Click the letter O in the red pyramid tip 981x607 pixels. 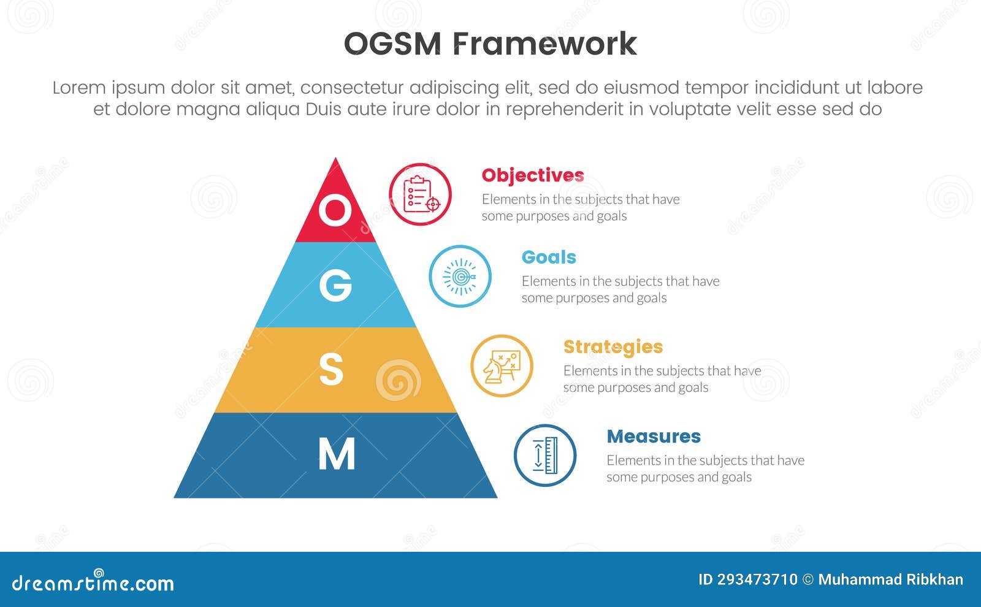[x=335, y=210]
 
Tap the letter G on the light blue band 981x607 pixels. [x=335, y=285]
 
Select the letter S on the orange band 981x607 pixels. [x=331, y=370]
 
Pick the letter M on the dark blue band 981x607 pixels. [x=337, y=454]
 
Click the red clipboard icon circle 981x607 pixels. [x=421, y=194]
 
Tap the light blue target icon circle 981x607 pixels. [x=460, y=277]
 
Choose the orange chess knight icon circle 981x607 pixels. [x=502, y=366]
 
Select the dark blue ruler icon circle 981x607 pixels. [x=545, y=456]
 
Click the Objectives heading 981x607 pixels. [x=533, y=175]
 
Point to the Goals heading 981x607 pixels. [x=549, y=257]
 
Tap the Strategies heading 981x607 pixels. [x=613, y=347]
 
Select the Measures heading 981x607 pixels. [x=654, y=437]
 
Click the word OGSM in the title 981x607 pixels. [x=392, y=44]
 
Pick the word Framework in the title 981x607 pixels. [x=545, y=44]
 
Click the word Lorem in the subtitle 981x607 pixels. [x=79, y=88]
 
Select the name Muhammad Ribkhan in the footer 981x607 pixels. [x=891, y=579]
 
